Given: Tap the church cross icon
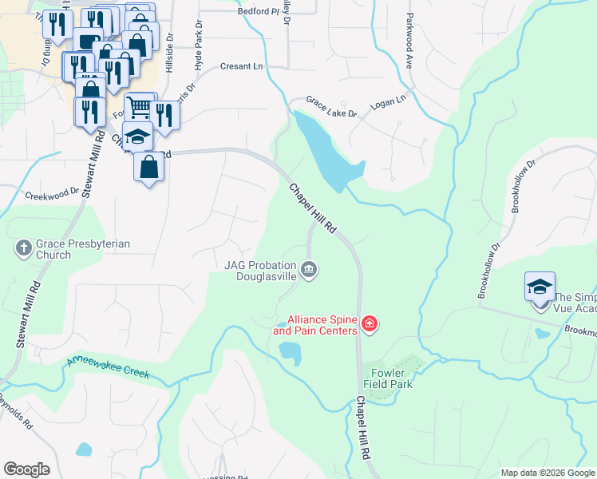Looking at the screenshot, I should [x=23, y=249].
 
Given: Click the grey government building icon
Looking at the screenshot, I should [x=310, y=271].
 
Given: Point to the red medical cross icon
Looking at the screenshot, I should [x=369, y=323].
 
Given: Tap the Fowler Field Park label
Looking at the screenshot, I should [x=386, y=377].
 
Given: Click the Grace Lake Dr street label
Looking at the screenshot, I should [x=331, y=109].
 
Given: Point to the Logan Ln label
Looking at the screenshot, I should [x=389, y=102].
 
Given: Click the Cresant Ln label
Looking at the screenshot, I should [x=240, y=66].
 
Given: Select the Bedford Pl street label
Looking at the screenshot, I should [x=259, y=12].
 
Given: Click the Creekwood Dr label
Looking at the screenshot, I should [x=52, y=192].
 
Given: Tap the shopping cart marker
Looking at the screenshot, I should [x=139, y=106].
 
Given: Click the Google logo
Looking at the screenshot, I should [x=26, y=469].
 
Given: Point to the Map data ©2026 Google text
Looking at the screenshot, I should [x=548, y=473].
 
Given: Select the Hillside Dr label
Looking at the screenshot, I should [x=168, y=53].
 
